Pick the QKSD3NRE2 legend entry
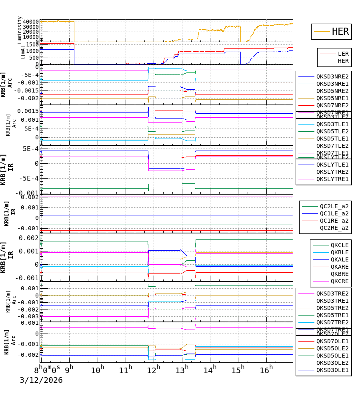[332, 76]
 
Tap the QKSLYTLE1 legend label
[332, 165]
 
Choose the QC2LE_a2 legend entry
[334, 206]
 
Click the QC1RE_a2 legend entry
[334, 221]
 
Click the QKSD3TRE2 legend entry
[332, 293]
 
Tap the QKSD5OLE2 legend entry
[332, 348]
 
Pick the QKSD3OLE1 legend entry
[332, 370]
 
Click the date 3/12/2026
[41, 380]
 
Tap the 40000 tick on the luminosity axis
[31, 22]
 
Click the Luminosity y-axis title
[20, 30]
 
